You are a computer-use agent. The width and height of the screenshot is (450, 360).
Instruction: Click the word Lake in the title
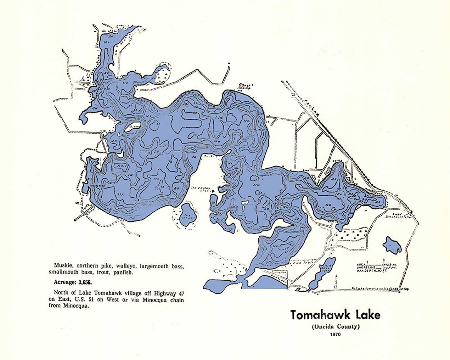pyautogui.click(x=367, y=315)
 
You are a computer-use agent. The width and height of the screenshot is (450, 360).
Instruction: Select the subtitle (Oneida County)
pyautogui.click(x=335, y=326)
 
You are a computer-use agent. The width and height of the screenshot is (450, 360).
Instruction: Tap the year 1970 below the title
pyautogui.click(x=335, y=334)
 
